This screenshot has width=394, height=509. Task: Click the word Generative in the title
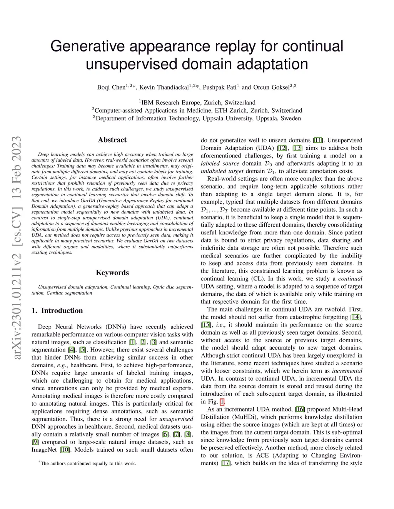coord(88,46)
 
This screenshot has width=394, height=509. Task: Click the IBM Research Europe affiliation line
coord(197,103)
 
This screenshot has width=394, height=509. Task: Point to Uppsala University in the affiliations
coord(227,118)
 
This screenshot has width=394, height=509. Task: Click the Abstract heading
coord(112,140)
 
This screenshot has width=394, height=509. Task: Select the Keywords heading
coord(112,273)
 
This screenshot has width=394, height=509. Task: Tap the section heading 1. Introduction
coord(57,311)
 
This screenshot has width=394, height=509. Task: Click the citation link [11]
coord(318,140)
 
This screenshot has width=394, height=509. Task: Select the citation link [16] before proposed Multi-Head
coord(300,410)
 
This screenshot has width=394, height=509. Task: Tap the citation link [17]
coord(226,463)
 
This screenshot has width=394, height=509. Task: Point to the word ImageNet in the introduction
coord(44,450)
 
